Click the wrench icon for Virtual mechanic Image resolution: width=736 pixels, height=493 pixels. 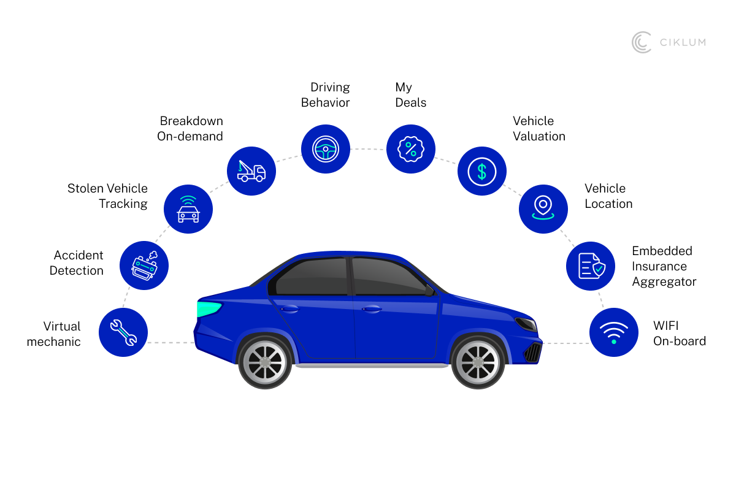[x=123, y=332]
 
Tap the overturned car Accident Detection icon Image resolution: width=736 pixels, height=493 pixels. [x=144, y=266]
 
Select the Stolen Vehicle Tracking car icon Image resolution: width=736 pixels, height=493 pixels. [x=188, y=209]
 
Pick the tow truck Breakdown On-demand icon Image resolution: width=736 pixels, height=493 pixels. [x=251, y=170]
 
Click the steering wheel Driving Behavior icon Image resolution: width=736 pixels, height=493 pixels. [x=325, y=149]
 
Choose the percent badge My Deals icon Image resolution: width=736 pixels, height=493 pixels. [x=410, y=149]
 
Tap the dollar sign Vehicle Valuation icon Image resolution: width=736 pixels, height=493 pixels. [x=482, y=171]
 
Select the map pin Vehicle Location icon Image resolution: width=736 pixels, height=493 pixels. [x=543, y=208]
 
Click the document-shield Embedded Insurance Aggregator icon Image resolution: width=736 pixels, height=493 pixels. [x=591, y=266]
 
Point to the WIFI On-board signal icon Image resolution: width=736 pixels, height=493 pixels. [x=613, y=332]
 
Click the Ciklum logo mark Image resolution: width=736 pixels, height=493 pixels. [x=642, y=42]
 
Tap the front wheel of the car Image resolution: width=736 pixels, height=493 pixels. [x=477, y=361]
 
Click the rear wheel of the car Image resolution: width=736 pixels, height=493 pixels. [x=265, y=361]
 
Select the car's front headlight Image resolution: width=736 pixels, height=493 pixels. [x=526, y=324]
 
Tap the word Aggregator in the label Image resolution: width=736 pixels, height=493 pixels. [x=664, y=282]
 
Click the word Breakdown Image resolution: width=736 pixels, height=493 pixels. [x=191, y=121]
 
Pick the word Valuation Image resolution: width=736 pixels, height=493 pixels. [x=539, y=136]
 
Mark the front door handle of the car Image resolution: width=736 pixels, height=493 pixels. [x=370, y=309]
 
